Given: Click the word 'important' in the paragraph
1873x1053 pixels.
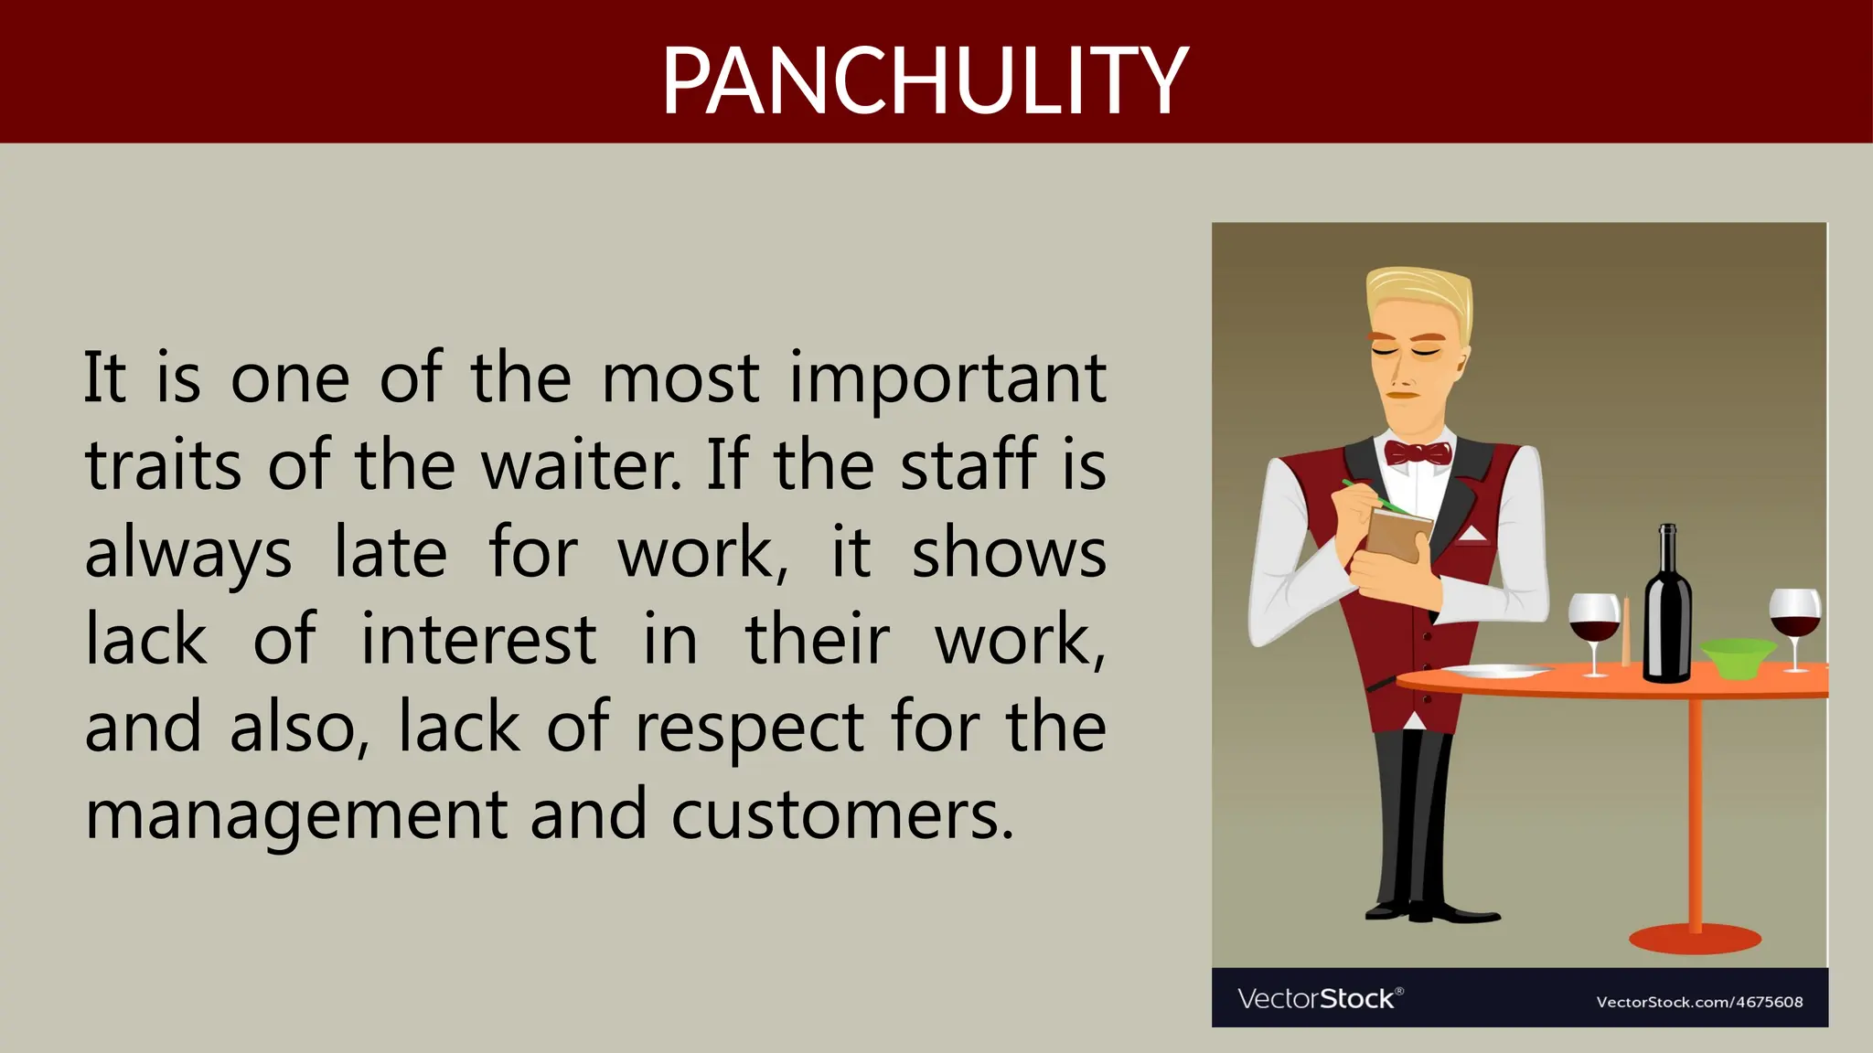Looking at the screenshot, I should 947,379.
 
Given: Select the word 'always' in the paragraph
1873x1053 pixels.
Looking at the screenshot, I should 188,555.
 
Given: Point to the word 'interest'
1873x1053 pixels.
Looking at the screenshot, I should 478,640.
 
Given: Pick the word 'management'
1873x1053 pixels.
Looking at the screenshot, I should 295,816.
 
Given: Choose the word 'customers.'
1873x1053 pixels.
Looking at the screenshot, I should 842,816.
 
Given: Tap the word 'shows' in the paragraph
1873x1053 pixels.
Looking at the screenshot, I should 1009,555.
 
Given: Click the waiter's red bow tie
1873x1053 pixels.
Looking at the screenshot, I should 1418,452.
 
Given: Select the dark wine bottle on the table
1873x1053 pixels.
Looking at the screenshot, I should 1667,612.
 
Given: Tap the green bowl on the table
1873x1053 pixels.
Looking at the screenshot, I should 1737,657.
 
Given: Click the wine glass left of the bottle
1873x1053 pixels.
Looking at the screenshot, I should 1594,622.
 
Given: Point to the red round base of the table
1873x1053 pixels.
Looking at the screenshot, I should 1695,939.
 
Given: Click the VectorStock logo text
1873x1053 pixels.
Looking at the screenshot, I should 1318,998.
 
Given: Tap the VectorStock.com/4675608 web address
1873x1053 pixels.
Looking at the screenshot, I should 1699,1002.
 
